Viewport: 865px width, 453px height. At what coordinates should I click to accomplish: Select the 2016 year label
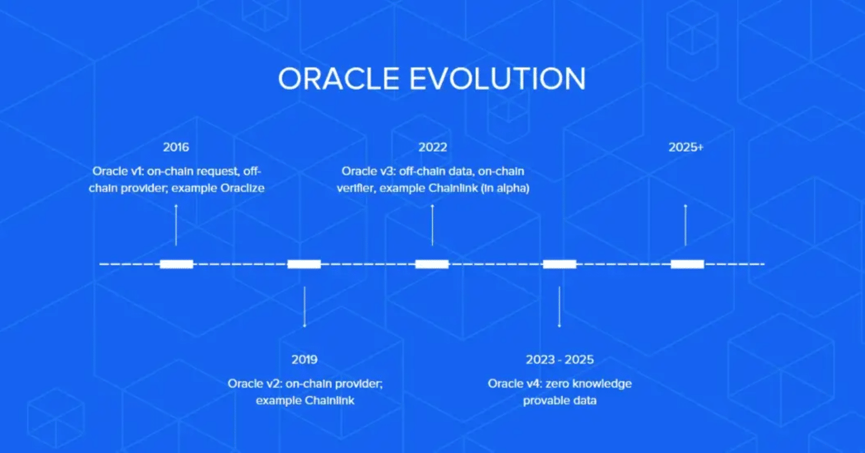point(176,147)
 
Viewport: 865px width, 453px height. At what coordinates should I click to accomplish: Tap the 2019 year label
point(305,360)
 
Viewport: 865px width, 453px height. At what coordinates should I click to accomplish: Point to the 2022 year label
point(432,147)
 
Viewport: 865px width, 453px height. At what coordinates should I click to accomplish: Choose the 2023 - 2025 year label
point(560,360)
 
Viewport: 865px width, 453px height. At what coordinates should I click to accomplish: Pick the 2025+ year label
point(686,147)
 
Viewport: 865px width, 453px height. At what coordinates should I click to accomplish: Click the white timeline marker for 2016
point(176,264)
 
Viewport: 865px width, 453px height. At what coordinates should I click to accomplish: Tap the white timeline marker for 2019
point(304,264)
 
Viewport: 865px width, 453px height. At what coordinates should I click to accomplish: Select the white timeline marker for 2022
point(432,264)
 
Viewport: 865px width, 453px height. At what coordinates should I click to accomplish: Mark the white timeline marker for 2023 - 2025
point(560,264)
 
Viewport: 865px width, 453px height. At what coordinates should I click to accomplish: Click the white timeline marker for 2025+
point(687,264)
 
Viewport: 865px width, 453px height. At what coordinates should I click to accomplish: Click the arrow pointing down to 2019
point(305,307)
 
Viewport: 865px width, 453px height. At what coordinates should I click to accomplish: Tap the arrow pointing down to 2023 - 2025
point(560,307)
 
